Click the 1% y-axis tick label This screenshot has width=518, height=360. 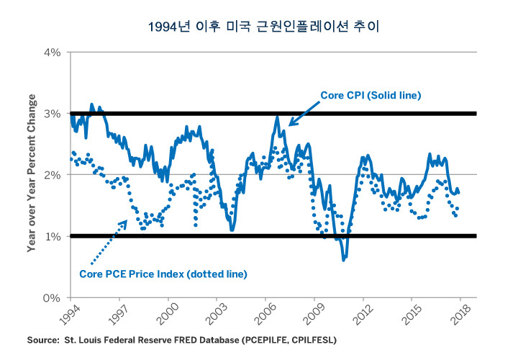(x=54, y=236)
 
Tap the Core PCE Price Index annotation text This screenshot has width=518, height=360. (x=162, y=274)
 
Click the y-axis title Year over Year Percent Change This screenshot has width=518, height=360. (x=32, y=175)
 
